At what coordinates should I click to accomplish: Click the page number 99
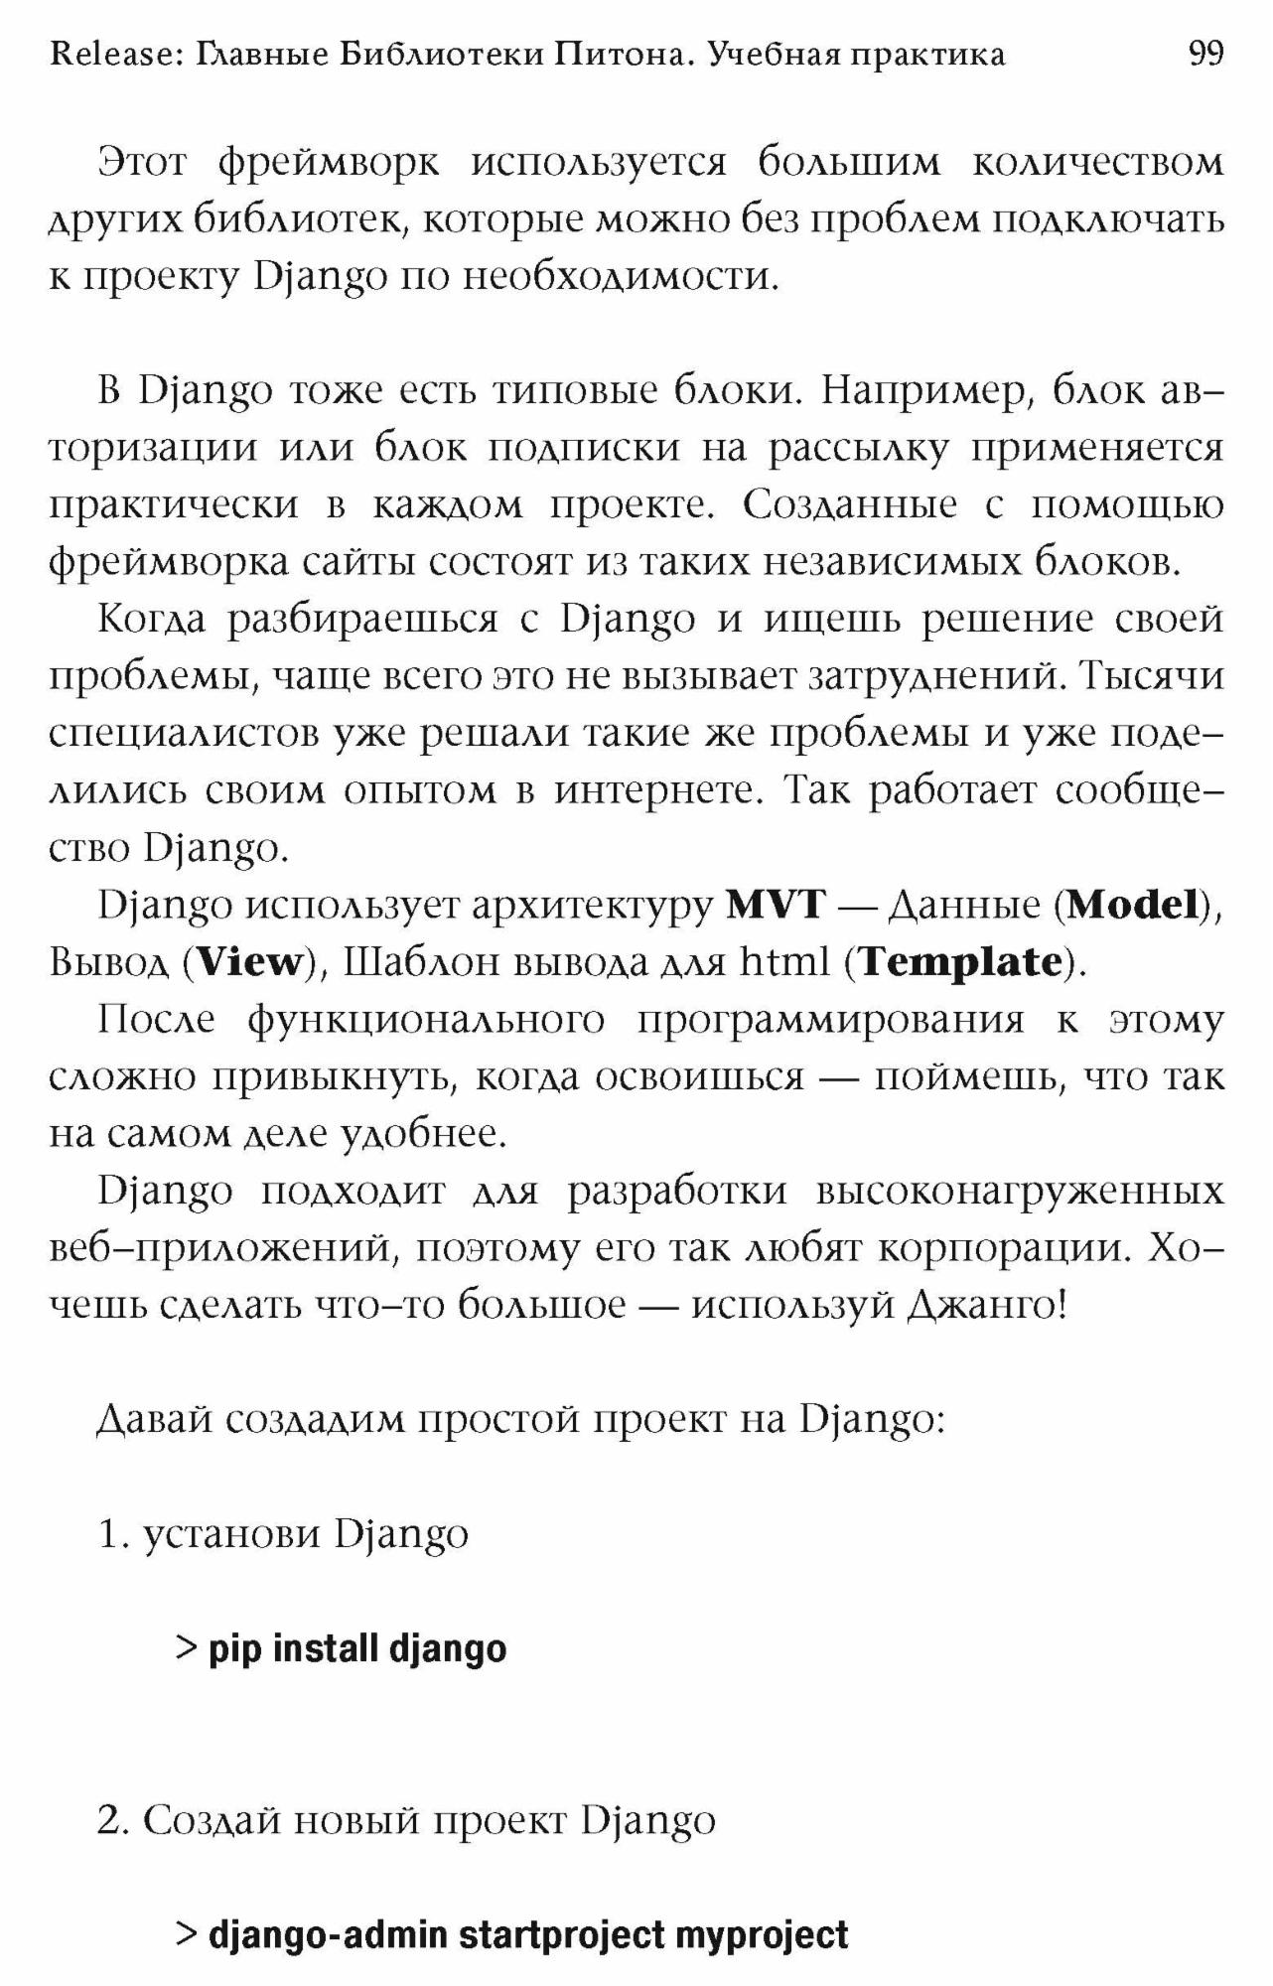[x=1205, y=53]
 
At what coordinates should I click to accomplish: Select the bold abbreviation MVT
[x=776, y=905]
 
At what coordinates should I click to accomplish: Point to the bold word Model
[x=1133, y=905]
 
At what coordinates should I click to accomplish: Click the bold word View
[x=248, y=962]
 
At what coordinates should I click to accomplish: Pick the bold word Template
[x=960, y=962]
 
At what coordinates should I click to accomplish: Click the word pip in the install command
[x=234, y=1649]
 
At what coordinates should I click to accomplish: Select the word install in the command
[x=326, y=1649]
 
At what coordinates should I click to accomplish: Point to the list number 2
[x=110, y=1821]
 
